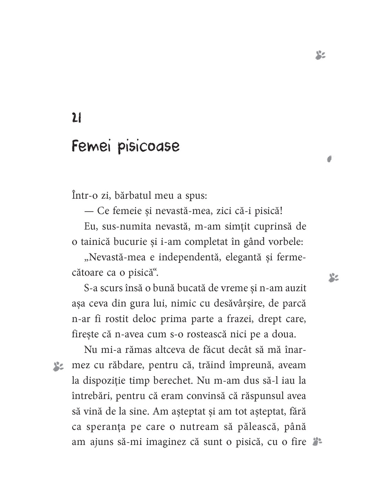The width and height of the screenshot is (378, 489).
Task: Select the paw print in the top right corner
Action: (320, 55)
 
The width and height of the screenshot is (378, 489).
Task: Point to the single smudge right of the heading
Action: (329, 159)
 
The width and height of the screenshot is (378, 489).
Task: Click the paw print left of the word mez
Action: (58, 367)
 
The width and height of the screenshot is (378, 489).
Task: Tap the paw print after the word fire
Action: (317, 441)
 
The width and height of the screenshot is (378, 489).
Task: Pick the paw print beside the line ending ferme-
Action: (333, 278)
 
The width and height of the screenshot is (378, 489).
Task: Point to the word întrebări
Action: (91, 395)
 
